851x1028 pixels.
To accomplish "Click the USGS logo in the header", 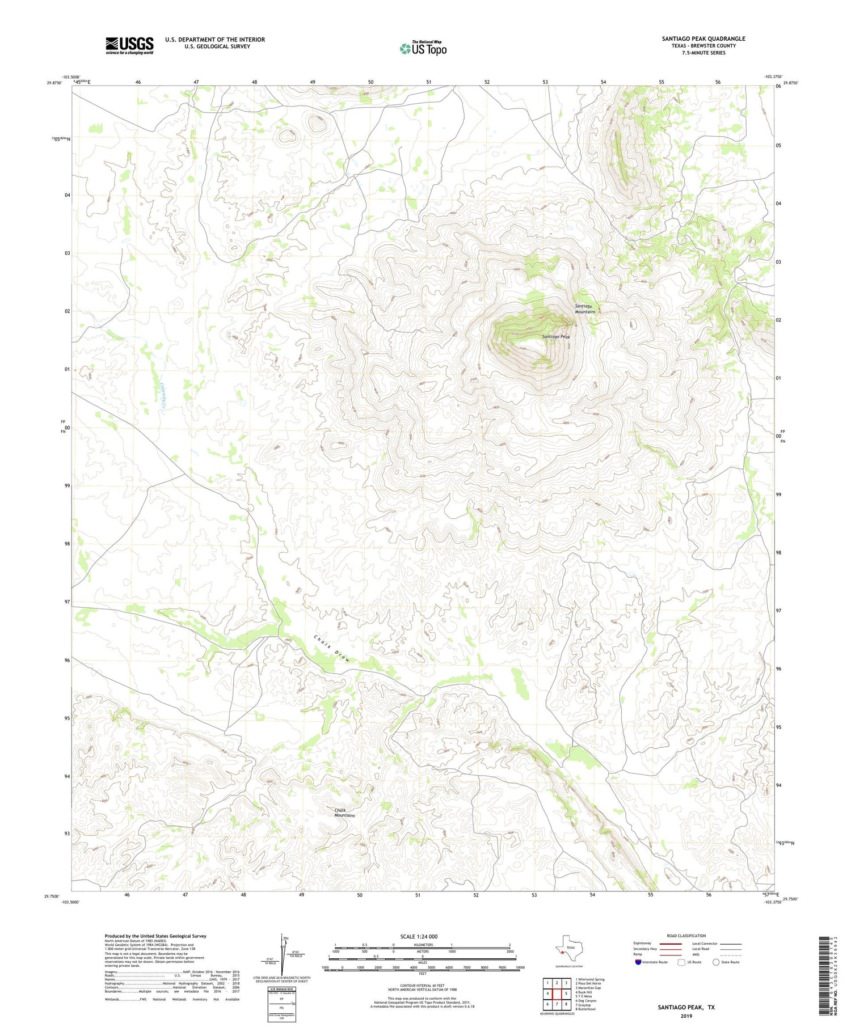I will [129, 45].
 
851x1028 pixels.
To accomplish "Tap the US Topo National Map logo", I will [423, 48].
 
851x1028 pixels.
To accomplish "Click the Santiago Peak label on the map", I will [555, 337].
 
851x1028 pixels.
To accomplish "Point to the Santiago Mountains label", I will [585, 309].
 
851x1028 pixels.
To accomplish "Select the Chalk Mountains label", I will [344, 813].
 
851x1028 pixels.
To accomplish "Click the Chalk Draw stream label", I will [333, 649].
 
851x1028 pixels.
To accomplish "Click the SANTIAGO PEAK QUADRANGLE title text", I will [703, 39].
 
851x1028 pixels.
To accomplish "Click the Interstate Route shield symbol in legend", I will [638, 962].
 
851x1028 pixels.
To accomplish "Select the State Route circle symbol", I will [716, 962].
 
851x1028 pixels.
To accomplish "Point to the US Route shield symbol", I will [681, 962].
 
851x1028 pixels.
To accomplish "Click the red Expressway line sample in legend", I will [671, 944].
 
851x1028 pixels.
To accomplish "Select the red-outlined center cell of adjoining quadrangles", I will [557, 993].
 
